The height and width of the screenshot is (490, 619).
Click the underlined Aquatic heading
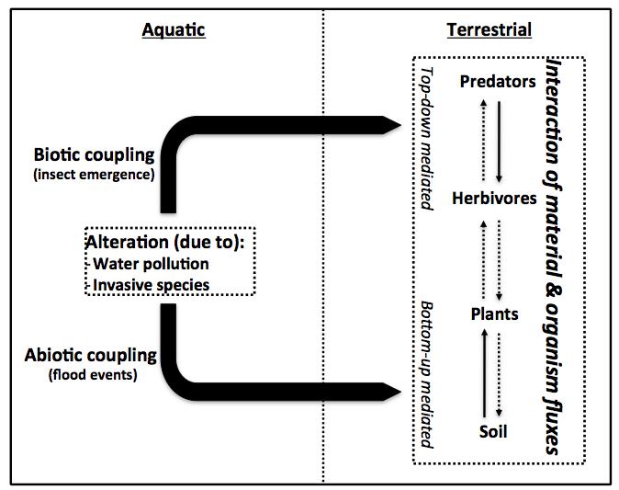[174, 30]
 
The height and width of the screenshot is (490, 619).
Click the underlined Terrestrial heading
[490, 30]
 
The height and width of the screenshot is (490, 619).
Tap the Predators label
[498, 82]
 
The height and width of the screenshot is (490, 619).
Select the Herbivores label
[494, 198]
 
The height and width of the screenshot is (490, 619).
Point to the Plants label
[495, 314]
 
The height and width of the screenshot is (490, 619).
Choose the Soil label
[493, 431]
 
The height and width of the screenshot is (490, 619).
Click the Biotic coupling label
[94, 154]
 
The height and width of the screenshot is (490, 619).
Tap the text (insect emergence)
[94, 175]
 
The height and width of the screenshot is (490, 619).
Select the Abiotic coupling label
[91, 355]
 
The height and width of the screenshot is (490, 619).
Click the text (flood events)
[93, 374]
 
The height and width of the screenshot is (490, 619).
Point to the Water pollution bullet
[148, 264]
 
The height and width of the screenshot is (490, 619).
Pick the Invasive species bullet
[148, 285]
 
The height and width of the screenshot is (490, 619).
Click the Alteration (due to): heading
[165, 242]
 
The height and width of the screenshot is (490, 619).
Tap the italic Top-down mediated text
[426, 138]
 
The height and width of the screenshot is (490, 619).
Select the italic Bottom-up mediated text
[426, 374]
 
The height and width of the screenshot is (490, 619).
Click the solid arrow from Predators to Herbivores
[499, 142]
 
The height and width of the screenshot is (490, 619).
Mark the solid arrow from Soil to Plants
[485, 373]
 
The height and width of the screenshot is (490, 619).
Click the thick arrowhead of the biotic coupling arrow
[391, 125]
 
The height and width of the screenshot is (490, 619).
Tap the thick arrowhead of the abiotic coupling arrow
[391, 392]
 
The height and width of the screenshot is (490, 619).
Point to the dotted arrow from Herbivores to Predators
[484, 140]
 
